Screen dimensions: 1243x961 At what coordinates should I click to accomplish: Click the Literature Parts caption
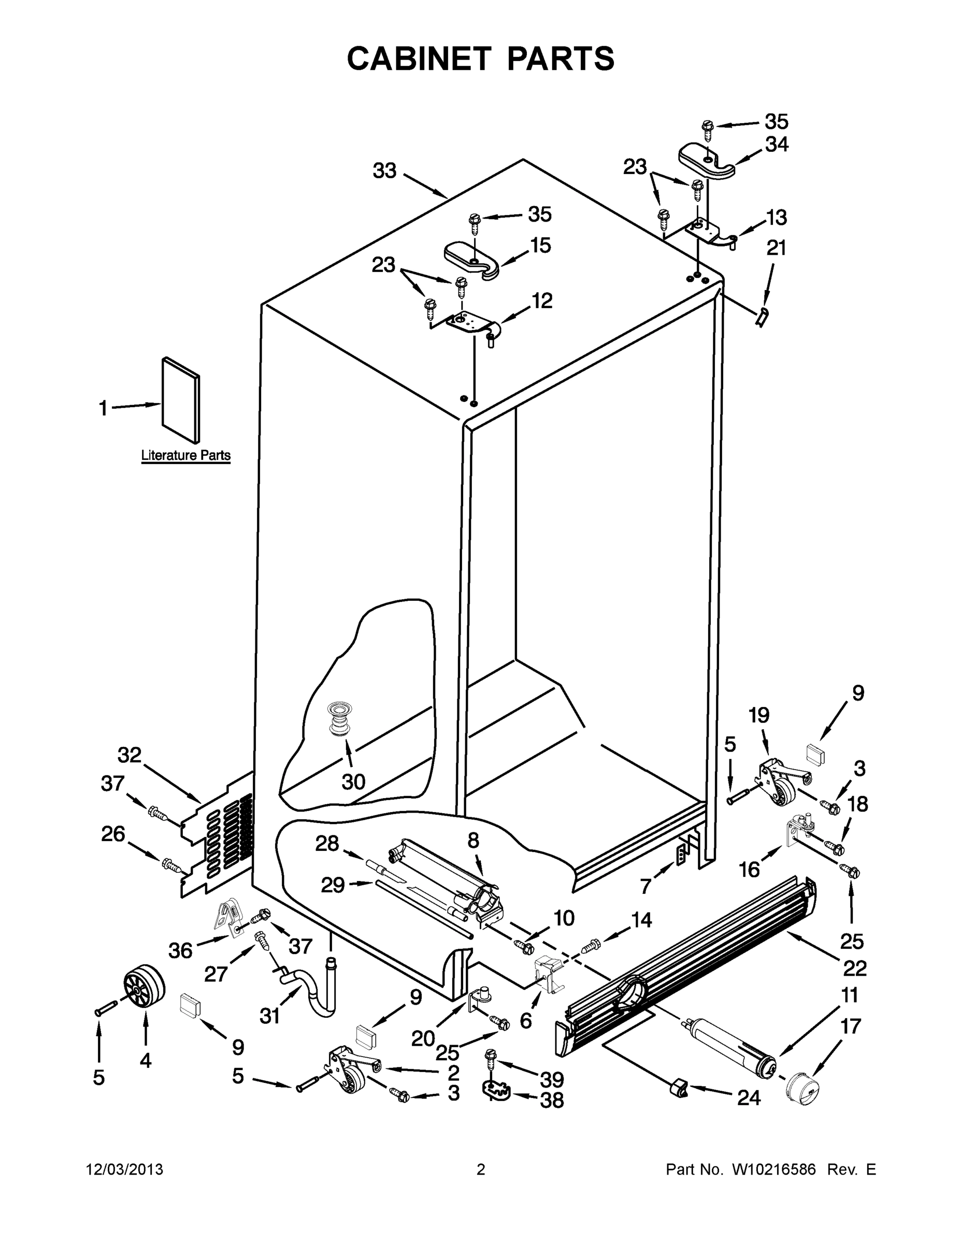185,455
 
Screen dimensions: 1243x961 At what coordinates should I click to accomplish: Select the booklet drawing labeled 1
181,399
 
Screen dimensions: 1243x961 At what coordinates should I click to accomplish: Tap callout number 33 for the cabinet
384,170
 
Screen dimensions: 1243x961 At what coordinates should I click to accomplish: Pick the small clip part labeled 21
761,316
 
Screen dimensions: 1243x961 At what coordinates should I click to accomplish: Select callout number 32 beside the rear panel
129,755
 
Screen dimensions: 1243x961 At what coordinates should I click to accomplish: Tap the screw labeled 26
173,865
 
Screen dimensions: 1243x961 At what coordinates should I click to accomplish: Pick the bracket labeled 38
496,1090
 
